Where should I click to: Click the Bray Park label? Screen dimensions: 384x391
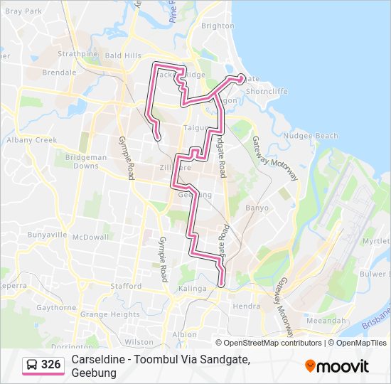[23, 12]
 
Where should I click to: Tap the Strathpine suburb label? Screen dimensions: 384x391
[78, 53]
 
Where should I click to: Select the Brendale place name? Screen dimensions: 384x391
[59, 73]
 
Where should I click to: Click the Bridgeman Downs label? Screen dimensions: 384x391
[86, 161]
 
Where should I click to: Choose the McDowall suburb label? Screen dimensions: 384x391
[90, 237]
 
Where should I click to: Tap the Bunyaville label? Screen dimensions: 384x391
[47, 234]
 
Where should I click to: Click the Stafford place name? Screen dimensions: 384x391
[126, 286]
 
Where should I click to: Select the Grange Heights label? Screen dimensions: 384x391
[110, 314]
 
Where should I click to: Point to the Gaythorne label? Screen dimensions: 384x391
[55, 308]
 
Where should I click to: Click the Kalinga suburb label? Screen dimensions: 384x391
[192, 289]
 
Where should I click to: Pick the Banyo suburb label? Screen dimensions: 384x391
[257, 208]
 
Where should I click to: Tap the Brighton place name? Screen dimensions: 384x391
[218, 26]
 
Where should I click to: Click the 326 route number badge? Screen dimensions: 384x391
[44, 366]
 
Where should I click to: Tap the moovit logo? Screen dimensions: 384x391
[337, 366]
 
